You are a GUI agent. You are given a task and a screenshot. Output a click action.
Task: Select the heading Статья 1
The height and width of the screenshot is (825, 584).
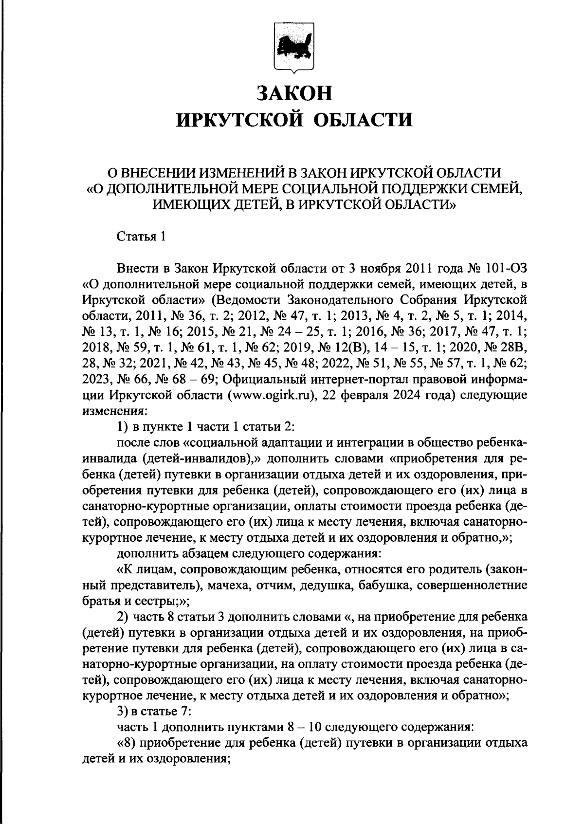tap(142, 237)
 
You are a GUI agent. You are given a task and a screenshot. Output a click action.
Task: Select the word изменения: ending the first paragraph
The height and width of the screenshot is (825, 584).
tap(110, 410)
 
